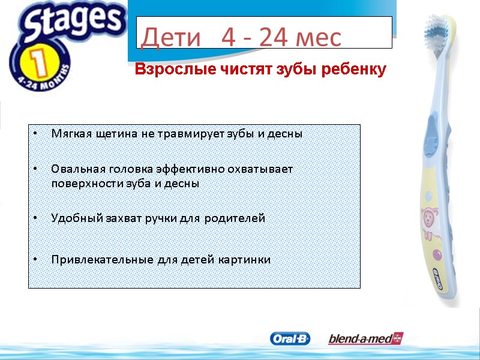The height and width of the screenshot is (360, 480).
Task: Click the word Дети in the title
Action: (x=170, y=38)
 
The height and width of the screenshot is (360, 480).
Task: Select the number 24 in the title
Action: (x=270, y=38)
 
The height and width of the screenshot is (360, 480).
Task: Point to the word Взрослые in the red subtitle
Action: (x=171, y=70)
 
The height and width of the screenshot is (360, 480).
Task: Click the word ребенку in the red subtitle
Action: (x=354, y=70)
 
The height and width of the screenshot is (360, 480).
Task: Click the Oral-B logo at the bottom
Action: (x=290, y=339)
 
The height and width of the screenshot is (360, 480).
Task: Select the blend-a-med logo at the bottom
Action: (x=365, y=339)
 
